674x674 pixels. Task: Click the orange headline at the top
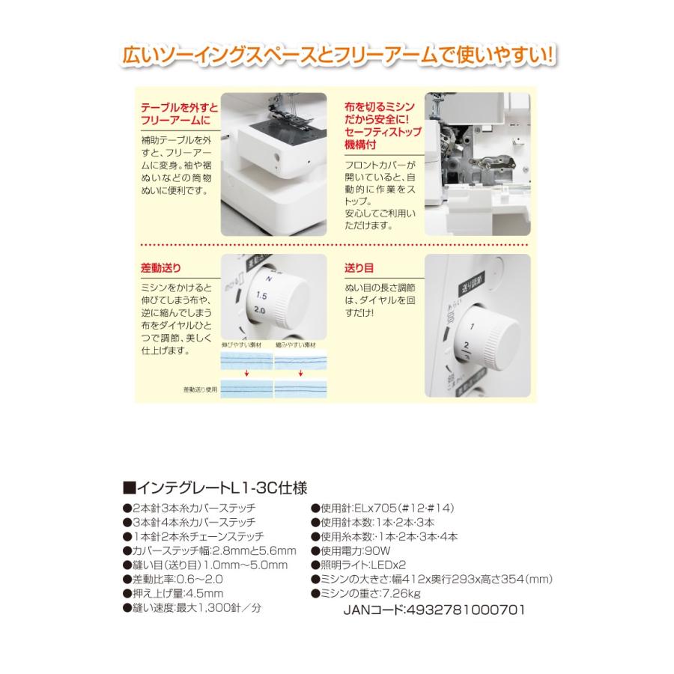(x=336, y=57)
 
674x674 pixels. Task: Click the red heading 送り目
(x=359, y=267)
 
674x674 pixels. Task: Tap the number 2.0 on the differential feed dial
(x=260, y=310)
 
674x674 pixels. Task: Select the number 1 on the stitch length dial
(x=473, y=328)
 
